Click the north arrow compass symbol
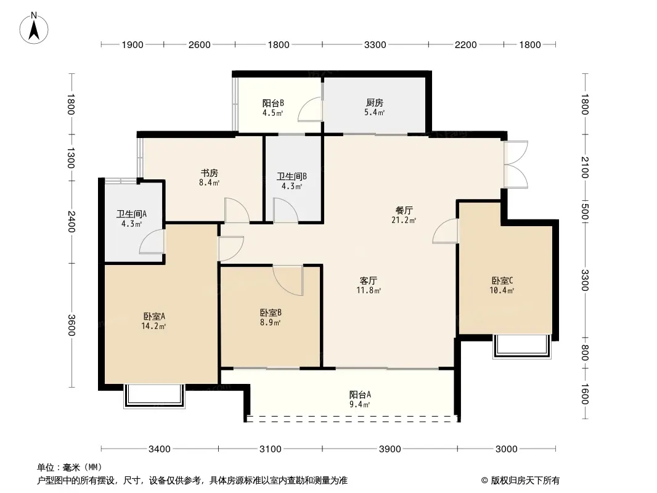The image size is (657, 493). coord(34,28)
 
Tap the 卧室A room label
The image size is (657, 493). coord(154,316)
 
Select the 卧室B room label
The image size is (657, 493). coord(271,313)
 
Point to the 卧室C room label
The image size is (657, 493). coord(502,280)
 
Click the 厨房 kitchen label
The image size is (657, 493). coord(375,103)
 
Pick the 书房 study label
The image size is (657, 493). coord(209,173)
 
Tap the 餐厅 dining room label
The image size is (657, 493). coord(404,210)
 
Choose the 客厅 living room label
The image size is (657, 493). coord(369,280)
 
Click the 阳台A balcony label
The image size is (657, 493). coord(360,394)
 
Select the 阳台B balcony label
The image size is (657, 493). coord(273,103)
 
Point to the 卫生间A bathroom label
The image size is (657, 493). coord(131,214)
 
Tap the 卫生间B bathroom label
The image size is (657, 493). coord(292,177)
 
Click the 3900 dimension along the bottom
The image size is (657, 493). coord(390,449)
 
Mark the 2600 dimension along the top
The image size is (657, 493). coord(199,45)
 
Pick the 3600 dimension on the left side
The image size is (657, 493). coord(71,325)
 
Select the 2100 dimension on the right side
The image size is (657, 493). coord(585,167)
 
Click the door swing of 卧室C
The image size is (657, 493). coord(445,230)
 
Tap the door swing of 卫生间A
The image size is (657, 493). coord(151,242)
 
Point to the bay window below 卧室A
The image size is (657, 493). coord(154,396)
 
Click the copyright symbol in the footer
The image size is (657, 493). coord(484,481)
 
